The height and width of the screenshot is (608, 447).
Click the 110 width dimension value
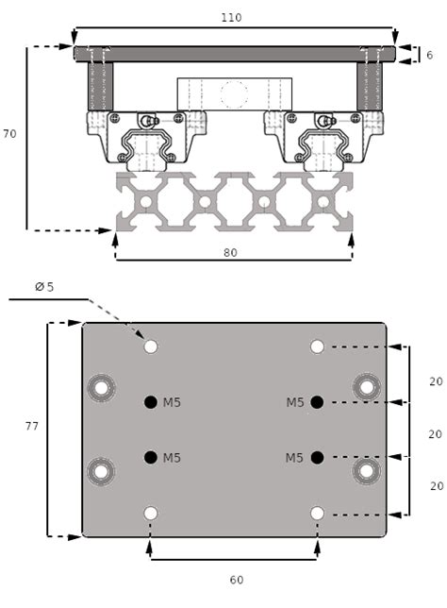pyautogui.click(x=232, y=18)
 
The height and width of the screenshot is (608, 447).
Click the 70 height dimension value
pyautogui.click(x=9, y=134)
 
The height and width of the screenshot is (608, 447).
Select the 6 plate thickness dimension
pyautogui.click(x=429, y=56)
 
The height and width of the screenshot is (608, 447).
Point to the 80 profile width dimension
pyautogui.click(x=231, y=252)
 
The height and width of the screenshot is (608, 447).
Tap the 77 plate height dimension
pyautogui.click(x=32, y=427)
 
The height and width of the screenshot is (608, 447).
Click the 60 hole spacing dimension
pyautogui.click(x=236, y=578)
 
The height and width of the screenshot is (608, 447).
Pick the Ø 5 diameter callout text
pyautogui.click(x=43, y=287)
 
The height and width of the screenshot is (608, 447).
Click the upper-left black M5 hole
pyautogui.click(x=150, y=402)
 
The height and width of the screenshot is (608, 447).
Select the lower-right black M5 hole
pyautogui.click(x=317, y=458)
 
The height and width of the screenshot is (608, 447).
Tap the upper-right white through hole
pyautogui.click(x=317, y=346)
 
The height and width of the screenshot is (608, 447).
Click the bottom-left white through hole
pyautogui.click(x=150, y=513)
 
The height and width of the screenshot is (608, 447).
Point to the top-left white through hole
pyautogui.click(x=150, y=346)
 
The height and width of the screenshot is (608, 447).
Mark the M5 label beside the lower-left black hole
pyautogui.click(x=172, y=458)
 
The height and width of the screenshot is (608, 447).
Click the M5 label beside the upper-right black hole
pyautogui.click(x=295, y=402)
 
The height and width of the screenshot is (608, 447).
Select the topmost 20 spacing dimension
pyautogui.click(x=436, y=382)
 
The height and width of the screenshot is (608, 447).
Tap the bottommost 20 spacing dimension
pyautogui.click(x=436, y=485)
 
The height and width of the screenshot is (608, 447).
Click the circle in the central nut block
pyautogui.click(x=233, y=93)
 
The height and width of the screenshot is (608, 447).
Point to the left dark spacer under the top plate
pyautogui.click(x=100, y=86)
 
